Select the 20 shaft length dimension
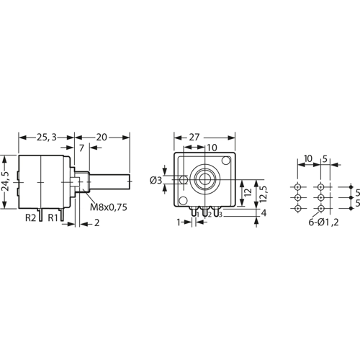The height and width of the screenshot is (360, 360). tap(102, 135)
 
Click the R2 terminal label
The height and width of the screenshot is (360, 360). tap(32, 217)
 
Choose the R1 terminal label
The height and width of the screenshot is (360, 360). tap(53, 217)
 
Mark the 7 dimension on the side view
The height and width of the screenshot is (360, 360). tap(81, 148)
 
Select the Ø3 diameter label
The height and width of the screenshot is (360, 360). tap(156, 179)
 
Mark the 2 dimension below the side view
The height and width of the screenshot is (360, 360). tap(96, 223)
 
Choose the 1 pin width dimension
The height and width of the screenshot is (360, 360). tap(179, 223)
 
